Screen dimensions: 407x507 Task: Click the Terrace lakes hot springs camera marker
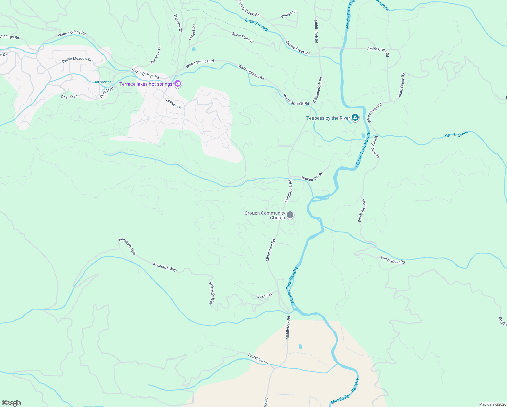point(178,84)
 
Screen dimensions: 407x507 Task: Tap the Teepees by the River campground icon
point(355,118)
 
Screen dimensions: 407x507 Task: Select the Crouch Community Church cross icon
point(290,215)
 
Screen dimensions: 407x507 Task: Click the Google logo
point(12,403)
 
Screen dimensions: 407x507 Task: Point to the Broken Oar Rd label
point(312,177)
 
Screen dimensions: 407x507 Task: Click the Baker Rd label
point(264,296)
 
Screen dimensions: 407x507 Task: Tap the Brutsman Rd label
point(258,359)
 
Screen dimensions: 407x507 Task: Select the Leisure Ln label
point(174,103)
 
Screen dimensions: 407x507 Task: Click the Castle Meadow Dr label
point(77,59)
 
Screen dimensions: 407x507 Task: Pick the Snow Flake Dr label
point(243,37)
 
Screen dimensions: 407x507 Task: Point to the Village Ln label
point(288,14)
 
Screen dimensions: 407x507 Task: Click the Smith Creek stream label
point(457,134)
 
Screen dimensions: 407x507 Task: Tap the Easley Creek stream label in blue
point(257,25)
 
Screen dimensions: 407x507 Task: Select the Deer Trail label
point(69,97)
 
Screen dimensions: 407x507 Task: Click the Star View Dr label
point(156,55)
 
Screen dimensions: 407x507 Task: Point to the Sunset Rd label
point(192,32)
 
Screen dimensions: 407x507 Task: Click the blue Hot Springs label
point(102,82)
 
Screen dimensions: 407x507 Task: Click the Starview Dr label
point(178,23)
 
